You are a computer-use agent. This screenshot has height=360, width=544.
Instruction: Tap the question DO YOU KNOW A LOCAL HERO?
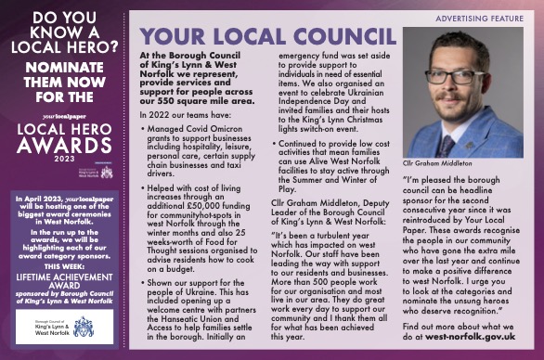(61, 32)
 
